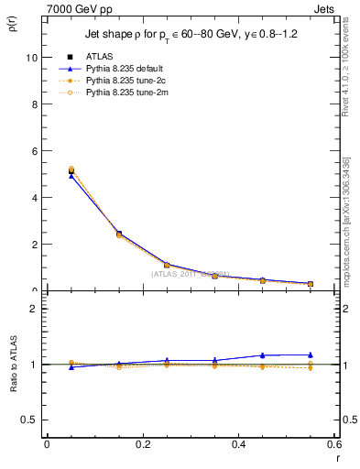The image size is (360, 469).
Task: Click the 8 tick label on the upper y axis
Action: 36,104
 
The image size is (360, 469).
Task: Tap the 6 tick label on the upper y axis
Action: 36,150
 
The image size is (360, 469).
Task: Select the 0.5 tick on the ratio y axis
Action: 31,420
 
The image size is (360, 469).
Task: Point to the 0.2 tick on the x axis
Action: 142,444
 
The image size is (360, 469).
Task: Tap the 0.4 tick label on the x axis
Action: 238,444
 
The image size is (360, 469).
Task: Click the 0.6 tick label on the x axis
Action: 333,444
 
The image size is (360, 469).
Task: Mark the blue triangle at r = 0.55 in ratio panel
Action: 311,354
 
